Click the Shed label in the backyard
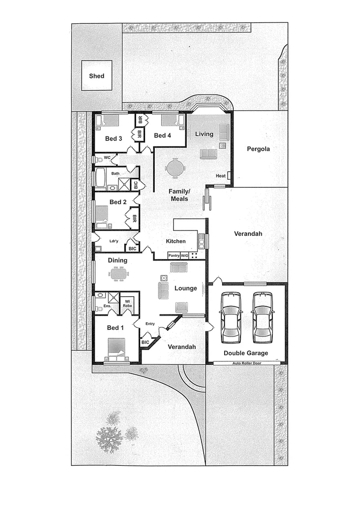[x=97, y=76]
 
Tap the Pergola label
[x=258, y=149]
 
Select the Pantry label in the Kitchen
[x=174, y=256]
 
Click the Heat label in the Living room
[x=220, y=176]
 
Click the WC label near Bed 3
[x=107, y=158]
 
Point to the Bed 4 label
[x=162, y=135]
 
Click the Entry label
[x=150, y=324]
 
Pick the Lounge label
[x=185, y=288]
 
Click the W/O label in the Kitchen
[x=184, y=256]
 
